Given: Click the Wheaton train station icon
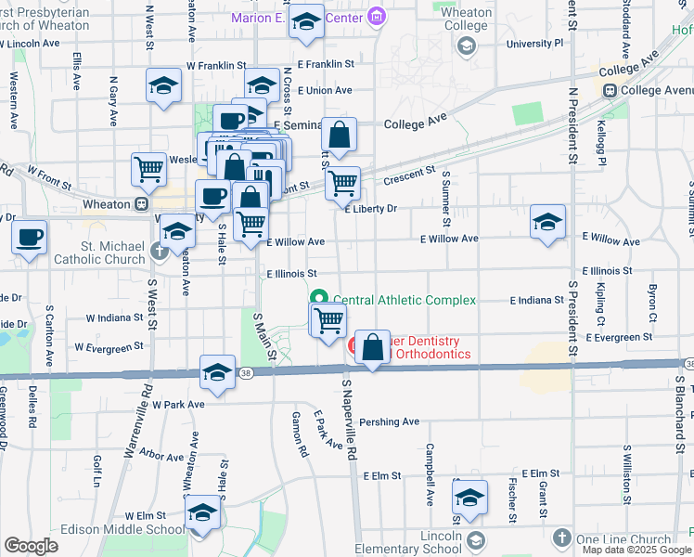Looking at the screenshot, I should pos(141,204).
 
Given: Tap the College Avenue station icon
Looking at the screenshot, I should pos(610,90).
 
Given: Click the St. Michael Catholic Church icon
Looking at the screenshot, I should pos(160,250).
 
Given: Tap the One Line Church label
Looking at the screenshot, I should pos(623,539).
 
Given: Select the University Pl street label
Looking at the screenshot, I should pos(534,43).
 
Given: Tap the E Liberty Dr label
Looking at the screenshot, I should pos(370,209).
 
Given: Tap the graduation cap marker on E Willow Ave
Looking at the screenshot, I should pos(547,222).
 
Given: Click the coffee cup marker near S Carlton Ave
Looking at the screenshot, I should pos(30,236).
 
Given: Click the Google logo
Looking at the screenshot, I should pos(31,546).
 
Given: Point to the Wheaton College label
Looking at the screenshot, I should pos(466,19).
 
